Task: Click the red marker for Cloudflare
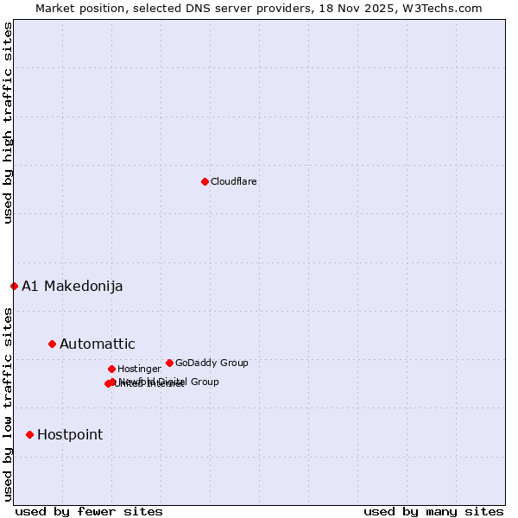(205, 181)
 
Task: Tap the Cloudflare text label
(234, 182)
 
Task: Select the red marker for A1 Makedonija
(14, 286)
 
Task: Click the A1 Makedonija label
(73, 287)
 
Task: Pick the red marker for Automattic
(52, 344)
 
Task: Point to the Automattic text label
(98, 344)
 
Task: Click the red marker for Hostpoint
(29, 434)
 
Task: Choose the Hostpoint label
(70, 435)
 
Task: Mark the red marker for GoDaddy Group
(169, 363)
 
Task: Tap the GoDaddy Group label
(212, 363)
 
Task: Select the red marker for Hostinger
(111, 369)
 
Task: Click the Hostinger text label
(140, 370)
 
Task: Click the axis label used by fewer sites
(89, 512)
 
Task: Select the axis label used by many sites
(433, 512)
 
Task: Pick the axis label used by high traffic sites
(8, 123)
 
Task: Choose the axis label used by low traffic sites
(8, 403)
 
